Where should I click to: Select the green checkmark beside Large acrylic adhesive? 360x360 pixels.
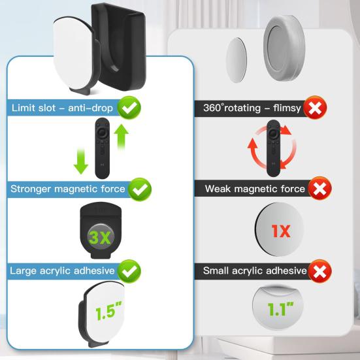(x=131, y=270)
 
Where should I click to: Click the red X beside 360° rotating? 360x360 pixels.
(x=316, y=107)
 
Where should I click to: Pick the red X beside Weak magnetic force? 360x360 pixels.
(x=319, y=189)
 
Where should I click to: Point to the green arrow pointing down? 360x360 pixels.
(x=81, y=159)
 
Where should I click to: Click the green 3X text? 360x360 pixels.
(x=101, y=237)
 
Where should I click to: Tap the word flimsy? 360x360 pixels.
(x=285, y=107)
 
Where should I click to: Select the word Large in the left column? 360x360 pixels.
(x=24, y=270)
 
